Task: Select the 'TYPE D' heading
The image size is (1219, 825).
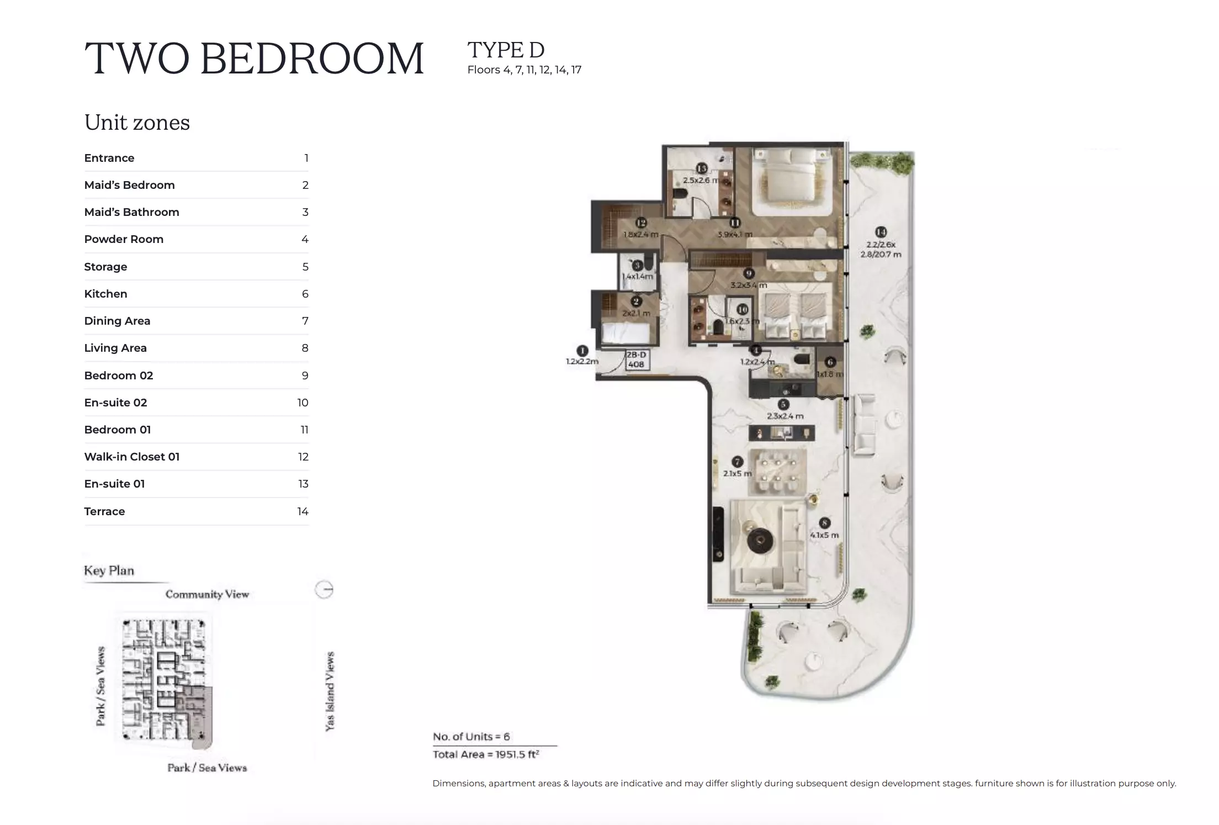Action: pos(506,50)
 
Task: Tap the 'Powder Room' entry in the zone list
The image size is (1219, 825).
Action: pos(124,239)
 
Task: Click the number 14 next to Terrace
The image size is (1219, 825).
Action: pos(303,511)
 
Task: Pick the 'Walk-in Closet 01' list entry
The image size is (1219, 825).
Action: pos(131,457)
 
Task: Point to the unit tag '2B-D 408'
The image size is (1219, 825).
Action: pos(636,359)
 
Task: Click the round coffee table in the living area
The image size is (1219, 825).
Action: pos(762,541)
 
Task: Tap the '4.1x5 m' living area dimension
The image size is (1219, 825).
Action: pos(824,535)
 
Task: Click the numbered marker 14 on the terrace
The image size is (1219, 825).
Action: pos(881,232)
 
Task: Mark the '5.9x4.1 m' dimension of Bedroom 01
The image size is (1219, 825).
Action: pos(735,235)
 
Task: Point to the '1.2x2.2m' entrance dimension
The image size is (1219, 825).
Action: pos(581,362)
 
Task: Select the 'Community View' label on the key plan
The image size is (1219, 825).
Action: pos(207,594)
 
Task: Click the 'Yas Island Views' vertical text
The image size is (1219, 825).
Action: pos(330,691)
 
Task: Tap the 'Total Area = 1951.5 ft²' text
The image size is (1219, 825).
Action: pos(486,754)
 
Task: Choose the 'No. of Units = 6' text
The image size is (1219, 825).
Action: pos(471,737)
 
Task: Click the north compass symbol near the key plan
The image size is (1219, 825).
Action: pos(324,590)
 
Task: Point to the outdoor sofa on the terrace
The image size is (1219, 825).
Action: pos(864,425)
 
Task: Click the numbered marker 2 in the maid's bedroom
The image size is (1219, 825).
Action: pos(636,302)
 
